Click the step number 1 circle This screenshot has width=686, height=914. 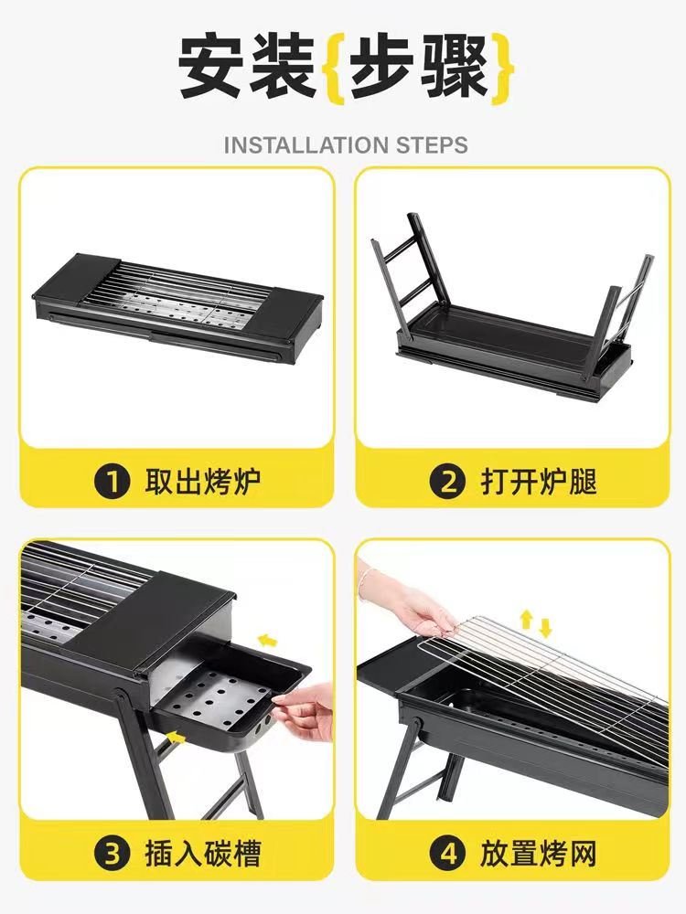[x=112, y=482]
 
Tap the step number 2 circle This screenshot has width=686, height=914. [x=447, y=482]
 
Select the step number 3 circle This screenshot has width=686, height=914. [x=112, y=854]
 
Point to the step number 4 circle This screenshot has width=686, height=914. [x=447, y=854]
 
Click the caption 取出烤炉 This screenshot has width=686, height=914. [x=202, y=482]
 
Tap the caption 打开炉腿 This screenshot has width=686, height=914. [x=539, y=482]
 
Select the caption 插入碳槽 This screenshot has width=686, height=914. [x=202, y=854]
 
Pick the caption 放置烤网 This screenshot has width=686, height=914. [x=539, y=854]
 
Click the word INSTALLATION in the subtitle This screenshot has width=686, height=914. [x=306, y=145]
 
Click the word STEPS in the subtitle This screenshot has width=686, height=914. [x=433, y=145]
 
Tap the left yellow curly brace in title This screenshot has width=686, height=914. [x=334, y=69]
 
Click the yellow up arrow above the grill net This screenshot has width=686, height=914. [x=526, y=619]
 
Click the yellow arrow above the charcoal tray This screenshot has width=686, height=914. [x=267, y=642]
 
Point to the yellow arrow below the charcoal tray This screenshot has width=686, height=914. [x=177, y=739]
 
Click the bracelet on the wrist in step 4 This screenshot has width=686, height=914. [x=365, y=583]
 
